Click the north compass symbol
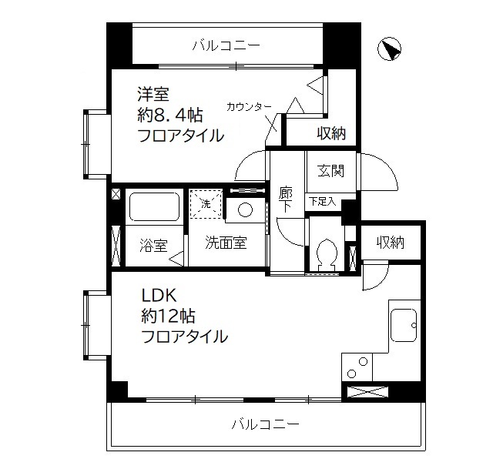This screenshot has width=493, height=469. pyautogui.click(x=391, y=49)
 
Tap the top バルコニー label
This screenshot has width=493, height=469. pyautogui.click(x=226, y=46)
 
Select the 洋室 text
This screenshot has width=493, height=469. pyautogui.click(x=154, y=95)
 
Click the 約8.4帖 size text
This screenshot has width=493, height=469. pyautogui.click(x=170, y=116)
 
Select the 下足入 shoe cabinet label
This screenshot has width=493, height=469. pyautogui.click(x=322, y=202)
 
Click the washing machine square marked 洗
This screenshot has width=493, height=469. pyautogui.click(x=206, y=205)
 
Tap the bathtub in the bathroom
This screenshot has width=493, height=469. pyautogui.click(x=153, y=207)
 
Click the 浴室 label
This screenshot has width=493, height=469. pyautogui.click(x=153, y=246)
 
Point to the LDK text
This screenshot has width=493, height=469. pyautogui.click(x=159, y=294)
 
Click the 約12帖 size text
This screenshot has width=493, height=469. pyautogui.click(x=167, y=315)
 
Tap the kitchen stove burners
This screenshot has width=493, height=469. pyautogui.click(x=357, y=368)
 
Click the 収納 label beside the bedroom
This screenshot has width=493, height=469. pyautogui.click(x=331, y=133)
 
